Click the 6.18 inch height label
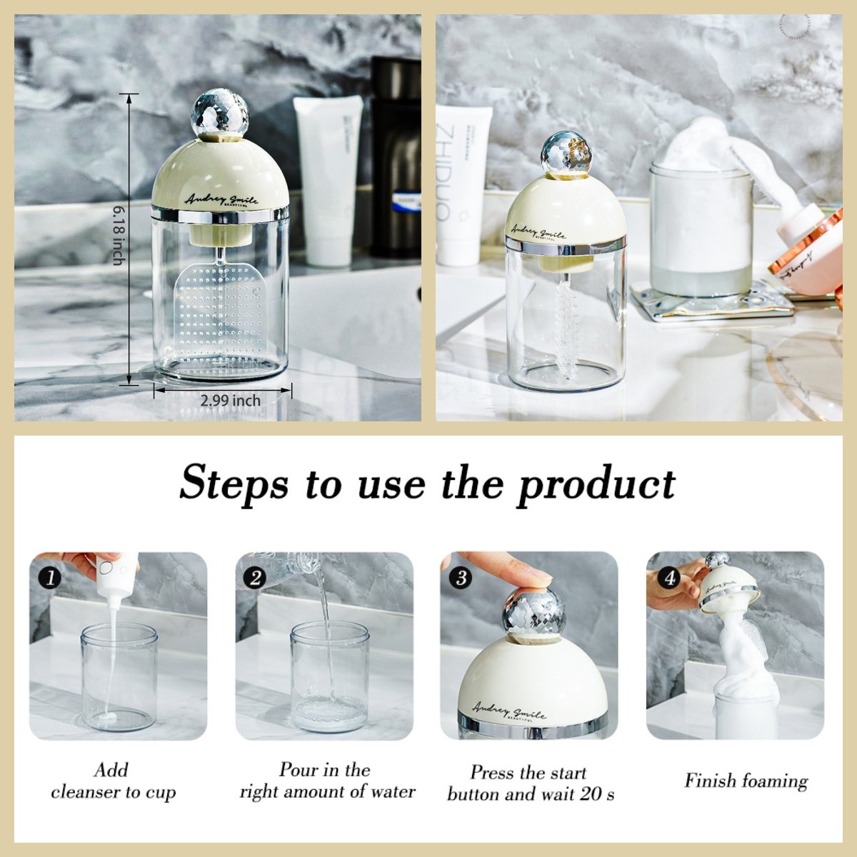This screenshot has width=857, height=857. pyautogui.click(x=118, y=236)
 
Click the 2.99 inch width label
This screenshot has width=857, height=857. pyautogui.click(x=230, y=401)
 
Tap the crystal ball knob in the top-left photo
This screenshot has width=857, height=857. pyautogui.click(x=220, y=114)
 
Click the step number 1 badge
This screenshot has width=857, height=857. pyautogui.click(x=49, y=578)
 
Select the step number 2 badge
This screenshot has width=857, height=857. pyautogui.click(x=255, y=578)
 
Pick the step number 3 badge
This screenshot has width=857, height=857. pyautogui.click(x=461, y=578)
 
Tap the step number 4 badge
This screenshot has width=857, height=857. pyautogui.click(x=669, y=578)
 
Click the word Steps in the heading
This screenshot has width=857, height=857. pyautogui.click(x=234, y=484)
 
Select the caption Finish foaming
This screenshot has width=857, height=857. pyautogui.click(x=746, y=781)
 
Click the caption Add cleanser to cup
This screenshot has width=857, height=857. pyautogui.click(x=113, y=781)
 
